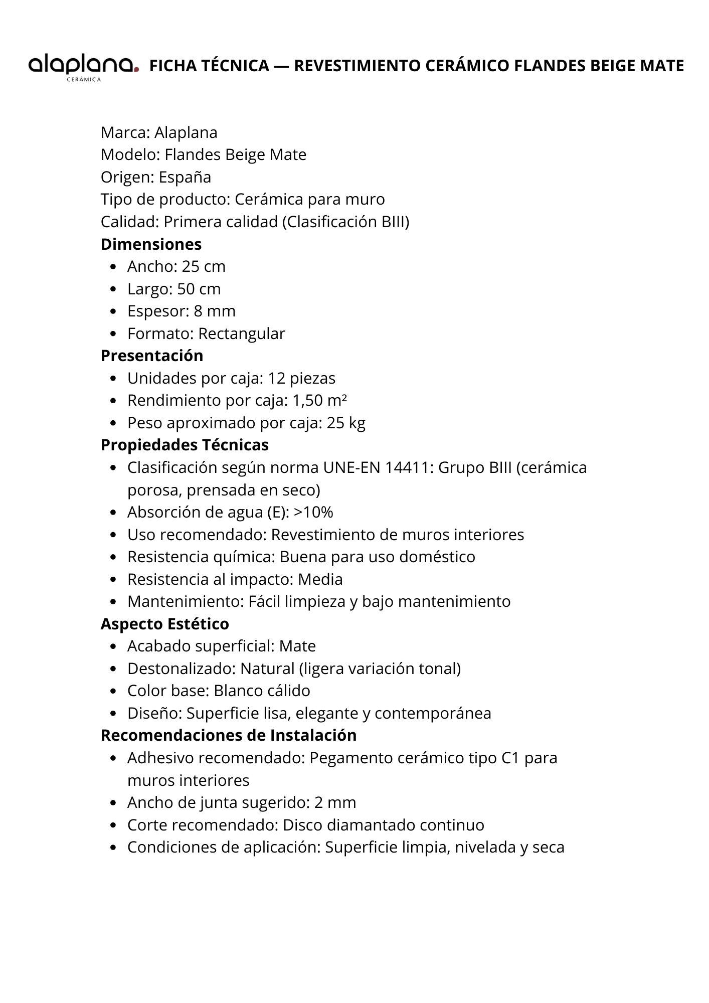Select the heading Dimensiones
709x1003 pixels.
(x=151, y=244)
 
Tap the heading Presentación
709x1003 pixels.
(x=152, y=356)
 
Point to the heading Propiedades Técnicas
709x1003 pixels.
(x=185, y=445)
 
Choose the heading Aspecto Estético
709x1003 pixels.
(x=164, y=624)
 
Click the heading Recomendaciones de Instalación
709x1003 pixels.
(x=229, y=735)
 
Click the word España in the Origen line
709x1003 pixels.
(x=185, y=177)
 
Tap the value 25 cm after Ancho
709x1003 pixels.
(x=204, y=266)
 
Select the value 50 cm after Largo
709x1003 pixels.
(x=199, y=289)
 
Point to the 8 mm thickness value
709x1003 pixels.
(x=215, y=311)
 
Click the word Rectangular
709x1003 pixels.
(x=242, y=333)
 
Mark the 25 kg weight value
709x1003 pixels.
(x=346, y=423)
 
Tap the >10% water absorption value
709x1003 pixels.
(x=313, y=512)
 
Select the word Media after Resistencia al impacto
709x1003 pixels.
(x=320, y=579)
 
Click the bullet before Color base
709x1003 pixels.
(x=114, y=691)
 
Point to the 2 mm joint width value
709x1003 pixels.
(x=335, y=802)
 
